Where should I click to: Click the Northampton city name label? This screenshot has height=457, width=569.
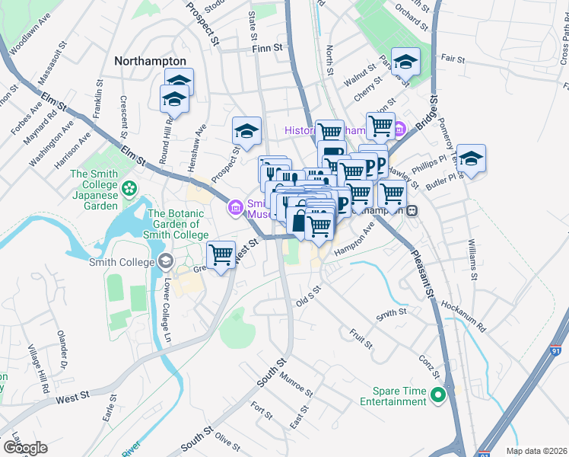coord(150,61)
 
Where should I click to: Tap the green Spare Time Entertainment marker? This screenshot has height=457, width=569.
coord(437,395)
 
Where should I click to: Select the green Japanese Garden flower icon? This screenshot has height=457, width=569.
coord(130,186)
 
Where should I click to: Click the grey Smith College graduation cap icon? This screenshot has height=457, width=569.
coord(164,262)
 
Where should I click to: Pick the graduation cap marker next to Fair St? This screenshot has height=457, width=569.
coord(406,62)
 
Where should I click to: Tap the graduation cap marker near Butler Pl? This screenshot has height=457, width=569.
coord(471,158)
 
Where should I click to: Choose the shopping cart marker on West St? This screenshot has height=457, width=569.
coord(221,254)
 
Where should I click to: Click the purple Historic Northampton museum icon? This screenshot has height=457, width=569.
coord(400,130)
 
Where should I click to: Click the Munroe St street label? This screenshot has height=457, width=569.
coord(296,382)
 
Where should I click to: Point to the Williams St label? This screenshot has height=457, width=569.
coord(472,260)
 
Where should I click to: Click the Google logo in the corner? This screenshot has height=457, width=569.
coord(25,447)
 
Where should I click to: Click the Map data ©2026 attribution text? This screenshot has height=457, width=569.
coord(537,451)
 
